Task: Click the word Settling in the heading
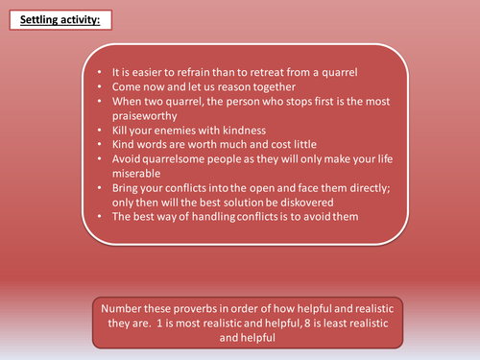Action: click(33, 20)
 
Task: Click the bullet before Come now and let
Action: click(101, 85)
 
